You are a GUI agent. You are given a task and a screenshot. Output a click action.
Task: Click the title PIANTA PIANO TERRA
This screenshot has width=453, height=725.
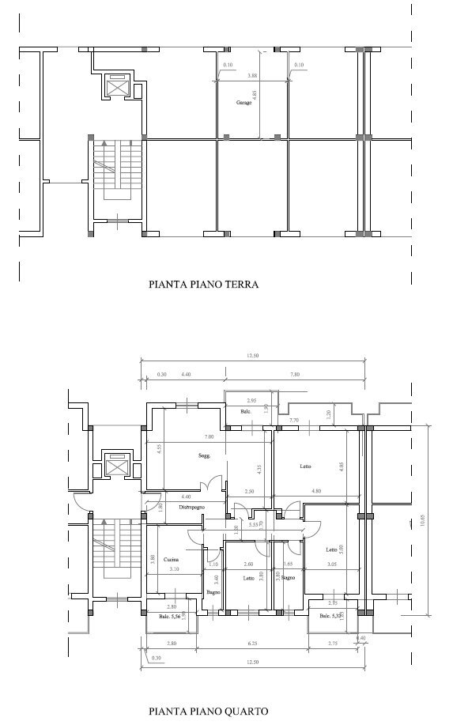click(x=204, y=285)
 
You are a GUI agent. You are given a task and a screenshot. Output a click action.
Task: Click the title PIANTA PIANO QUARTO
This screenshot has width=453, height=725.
click(x=208, y=711)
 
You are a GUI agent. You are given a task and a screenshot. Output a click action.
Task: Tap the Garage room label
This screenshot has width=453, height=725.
click(x=243, y=104)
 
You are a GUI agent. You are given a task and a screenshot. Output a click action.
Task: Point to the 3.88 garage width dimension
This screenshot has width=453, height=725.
click(x=252, y=76)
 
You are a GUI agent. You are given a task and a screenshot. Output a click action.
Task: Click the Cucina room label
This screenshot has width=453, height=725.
click(x=172, y=560)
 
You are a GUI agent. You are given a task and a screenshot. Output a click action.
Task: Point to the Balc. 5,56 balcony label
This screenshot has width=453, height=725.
click(x=170, y=616)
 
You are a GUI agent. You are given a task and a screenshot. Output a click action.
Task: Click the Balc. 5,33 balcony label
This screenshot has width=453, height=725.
click(x=330, y=616)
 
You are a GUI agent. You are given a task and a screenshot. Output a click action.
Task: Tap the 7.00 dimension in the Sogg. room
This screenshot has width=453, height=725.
click(x=209, y=437)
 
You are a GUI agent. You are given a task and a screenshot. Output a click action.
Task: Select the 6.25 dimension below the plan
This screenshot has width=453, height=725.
click(x=251, y=644)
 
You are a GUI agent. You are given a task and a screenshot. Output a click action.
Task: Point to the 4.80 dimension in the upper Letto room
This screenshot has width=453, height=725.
click(x=316, y=491)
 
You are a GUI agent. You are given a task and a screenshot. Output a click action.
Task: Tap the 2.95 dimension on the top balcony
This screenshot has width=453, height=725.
click(x=251, y=401)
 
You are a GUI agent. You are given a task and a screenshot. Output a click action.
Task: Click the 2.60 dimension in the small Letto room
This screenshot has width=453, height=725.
click(x=249, y=564)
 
